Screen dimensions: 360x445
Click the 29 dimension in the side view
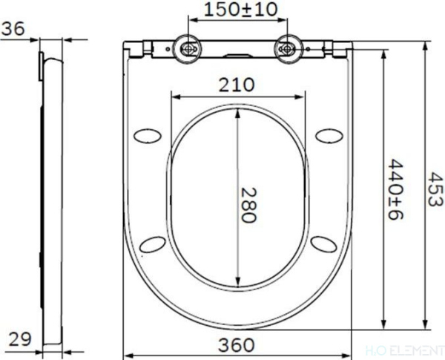tap(20, 339)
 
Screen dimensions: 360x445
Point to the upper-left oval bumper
tap(147, 135)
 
